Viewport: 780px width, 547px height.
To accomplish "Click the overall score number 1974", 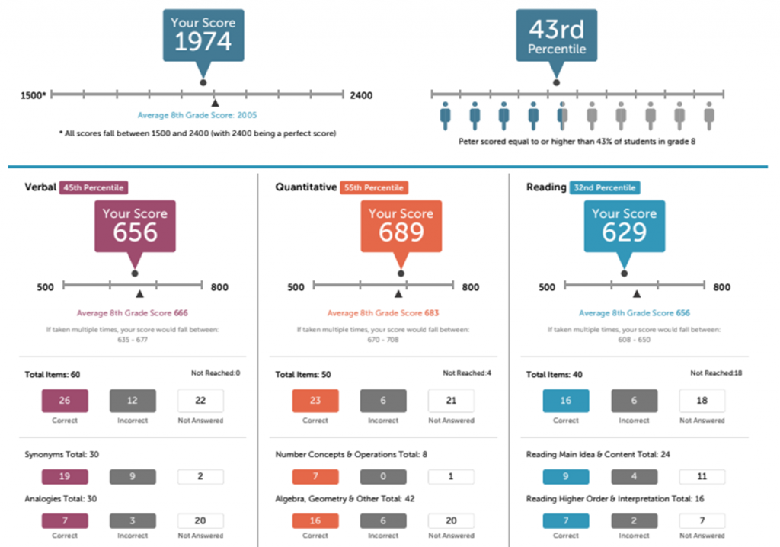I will (x=202, y=41).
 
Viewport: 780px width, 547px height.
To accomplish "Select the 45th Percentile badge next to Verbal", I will (x=93, y=187).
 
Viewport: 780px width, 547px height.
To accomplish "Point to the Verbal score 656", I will (x=135, y=232).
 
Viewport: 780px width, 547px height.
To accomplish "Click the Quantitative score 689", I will (x=401, y=232).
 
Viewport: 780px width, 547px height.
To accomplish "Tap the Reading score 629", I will (x=624, y=232).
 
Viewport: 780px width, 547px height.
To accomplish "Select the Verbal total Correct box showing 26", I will (x=65, y=401).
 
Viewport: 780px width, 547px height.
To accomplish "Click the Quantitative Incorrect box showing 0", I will (x=383, y=477).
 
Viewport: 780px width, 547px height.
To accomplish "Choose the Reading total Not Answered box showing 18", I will (x=702, y=401).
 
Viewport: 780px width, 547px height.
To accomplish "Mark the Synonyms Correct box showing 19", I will (x=65, y=477).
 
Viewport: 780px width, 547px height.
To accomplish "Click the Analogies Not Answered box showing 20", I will (x=200, y=520).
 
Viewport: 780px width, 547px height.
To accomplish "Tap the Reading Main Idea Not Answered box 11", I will (x=702, y=477).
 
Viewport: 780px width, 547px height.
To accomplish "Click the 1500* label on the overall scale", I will (x=34, y=96).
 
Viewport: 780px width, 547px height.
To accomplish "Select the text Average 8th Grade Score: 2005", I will (x=197, y=116).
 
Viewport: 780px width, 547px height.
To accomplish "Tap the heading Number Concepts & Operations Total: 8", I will (x=351, y=455).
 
